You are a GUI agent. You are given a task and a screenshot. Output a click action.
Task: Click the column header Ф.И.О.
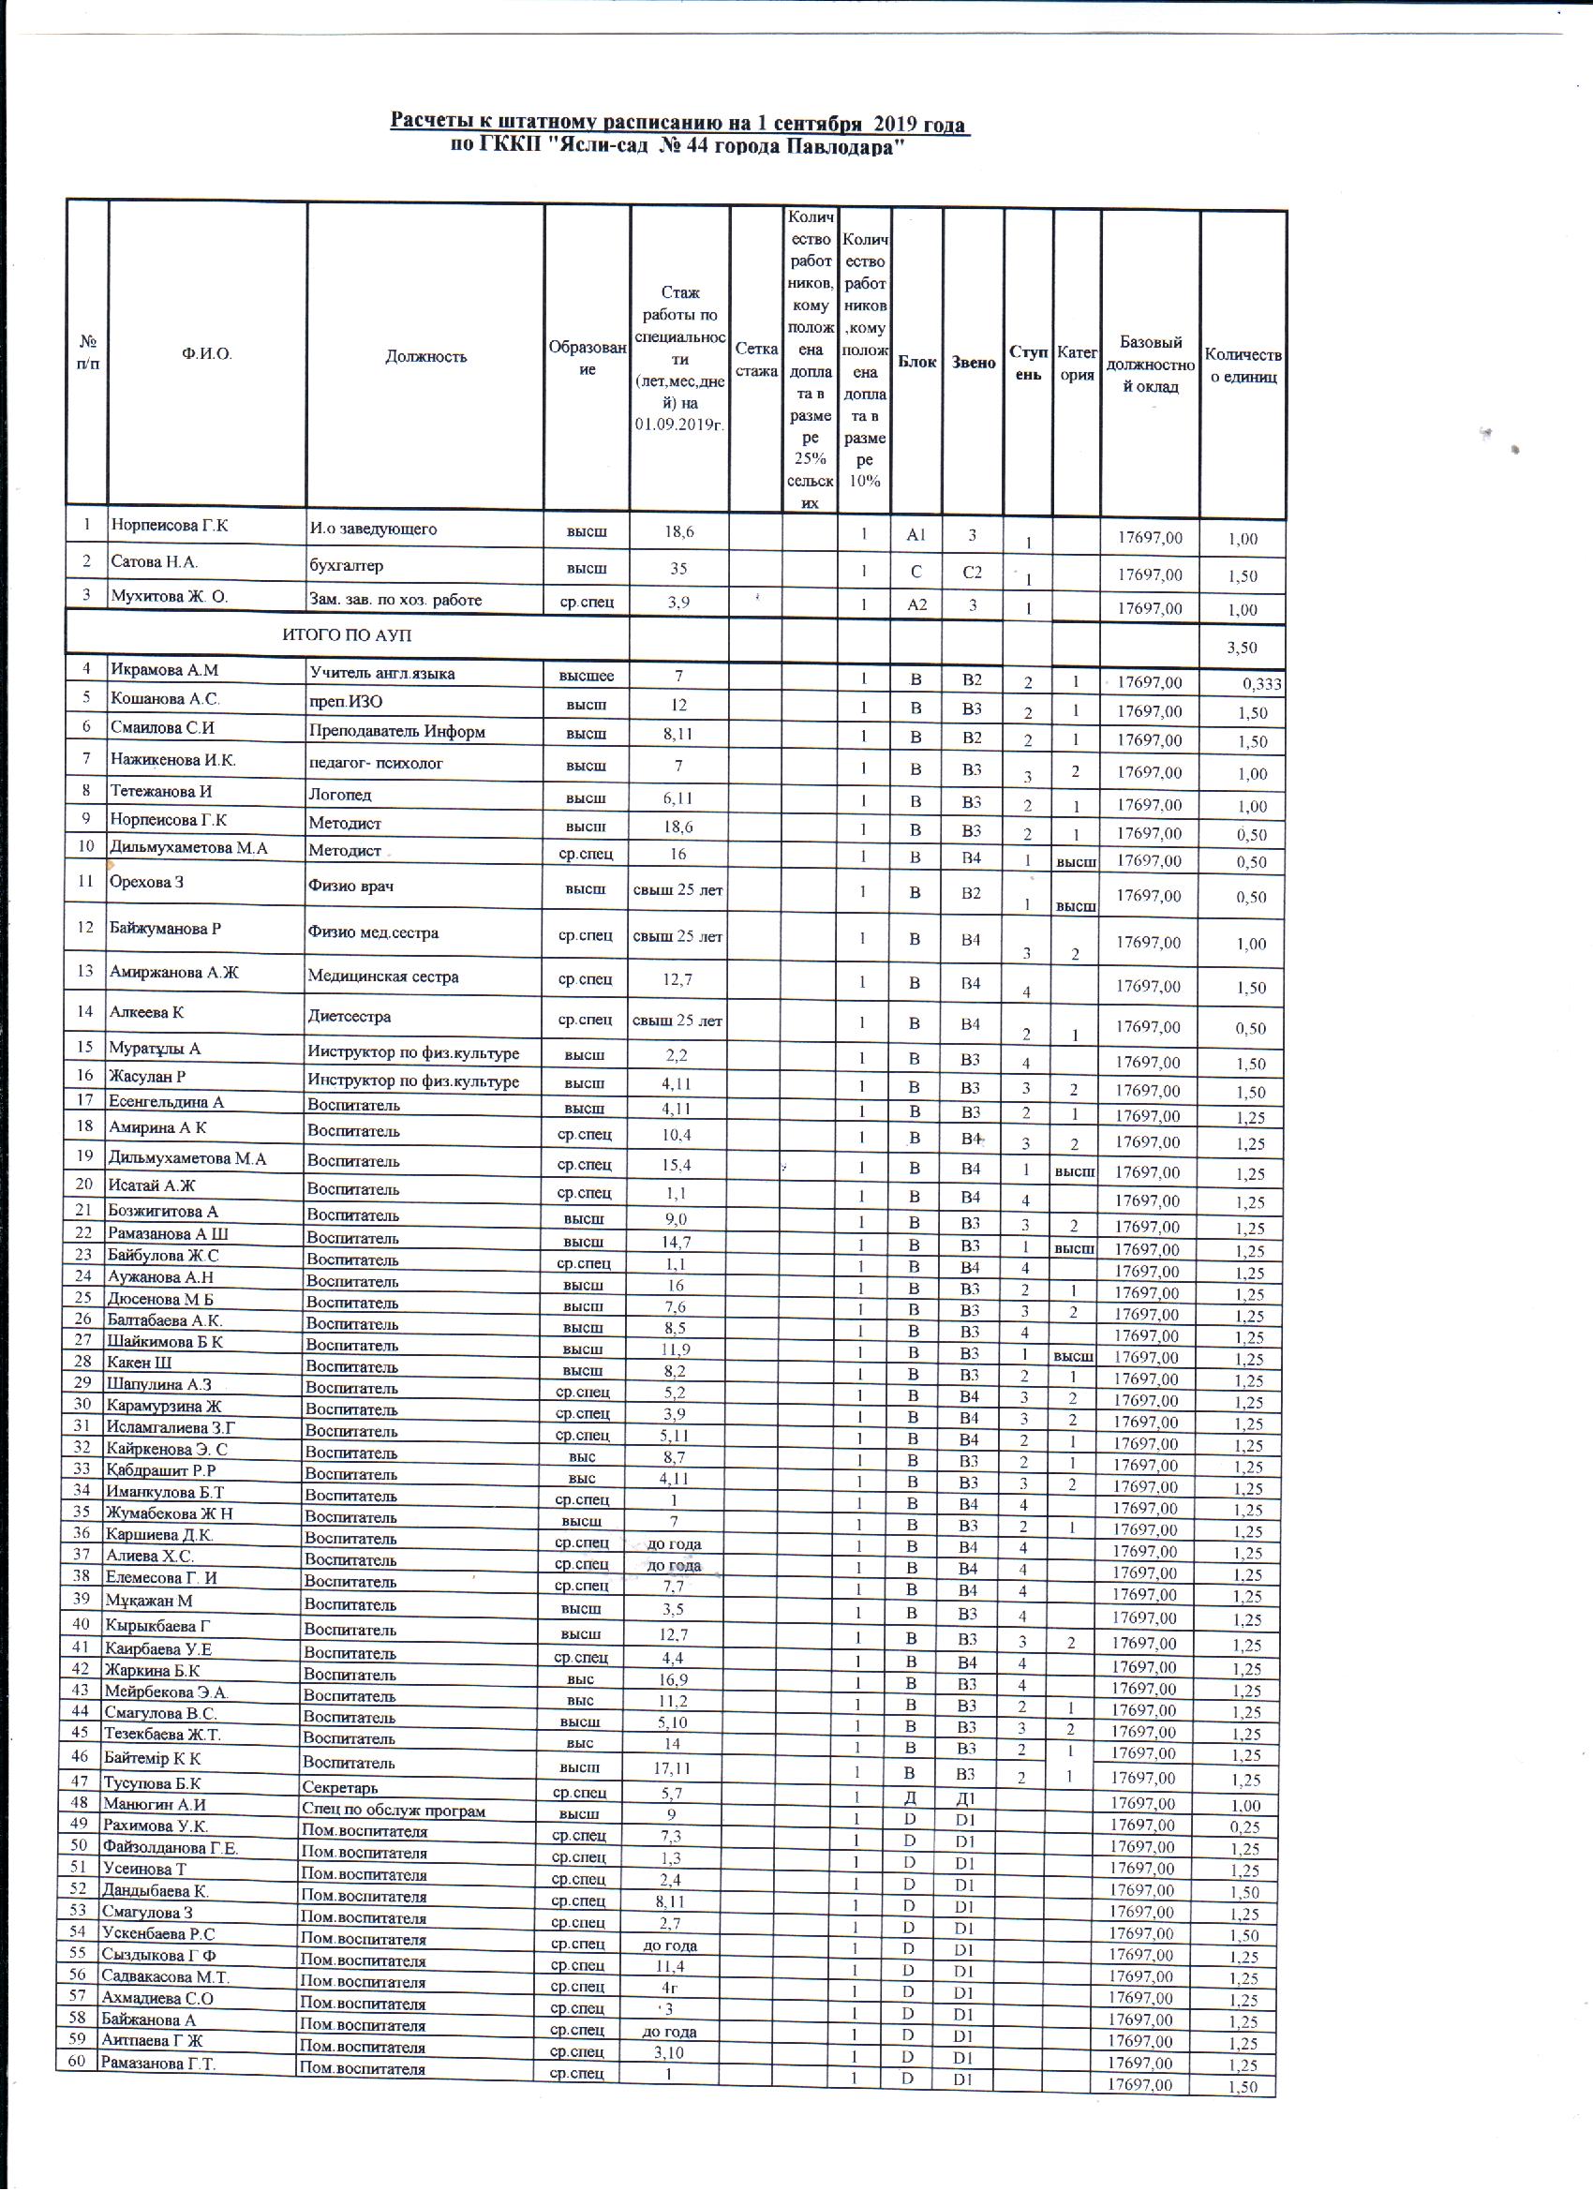[x=206, y=354]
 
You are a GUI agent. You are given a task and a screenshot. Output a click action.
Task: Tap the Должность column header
[x=425, y=356]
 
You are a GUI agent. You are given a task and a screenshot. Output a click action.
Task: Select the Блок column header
[x=916, y=363]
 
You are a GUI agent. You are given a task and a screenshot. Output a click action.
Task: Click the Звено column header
[x=973, y=363]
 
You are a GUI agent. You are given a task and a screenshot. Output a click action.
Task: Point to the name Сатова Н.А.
[x=155, y=561]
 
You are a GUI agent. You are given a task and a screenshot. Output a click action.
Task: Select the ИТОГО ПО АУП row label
[x=347, y=634]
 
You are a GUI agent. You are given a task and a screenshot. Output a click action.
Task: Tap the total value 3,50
[x=1243, y=648]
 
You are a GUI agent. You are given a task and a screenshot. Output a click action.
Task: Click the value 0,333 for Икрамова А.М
[x=1261, y=685]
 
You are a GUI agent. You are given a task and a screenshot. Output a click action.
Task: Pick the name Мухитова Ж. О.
[x=169, y=596]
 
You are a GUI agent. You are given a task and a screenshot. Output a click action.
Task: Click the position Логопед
[x=339, y=795]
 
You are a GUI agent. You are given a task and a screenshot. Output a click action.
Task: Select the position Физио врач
[x=350, y=886]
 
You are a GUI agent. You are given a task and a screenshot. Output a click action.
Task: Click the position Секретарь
[x=340, y=1787]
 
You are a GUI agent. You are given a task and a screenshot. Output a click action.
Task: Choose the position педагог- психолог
[x=375, y=763]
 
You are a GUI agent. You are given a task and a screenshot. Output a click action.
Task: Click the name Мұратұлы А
[x=156, y=1048]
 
